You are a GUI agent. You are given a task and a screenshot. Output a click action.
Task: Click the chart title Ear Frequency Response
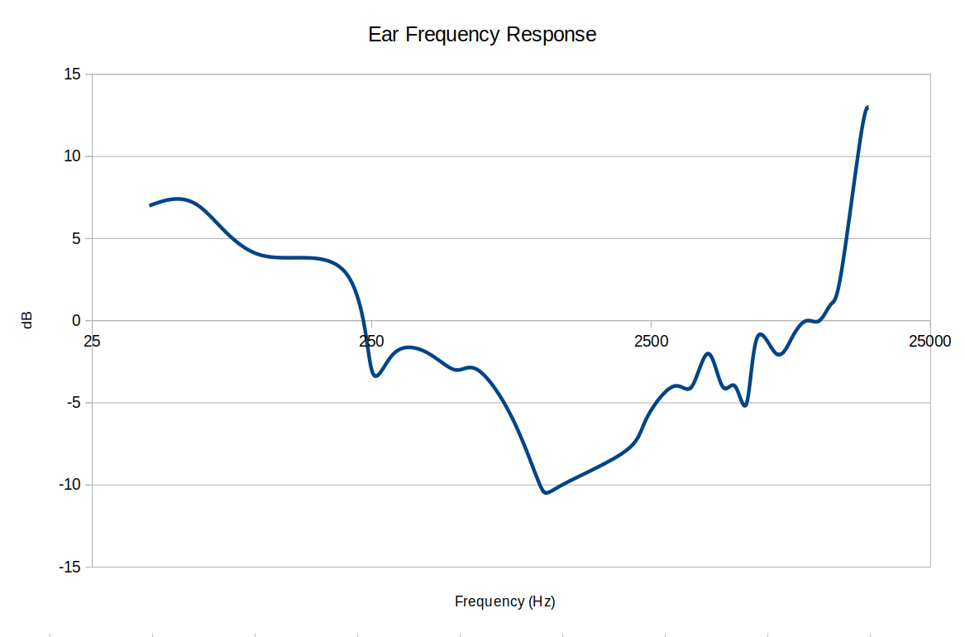(x=482, y=35)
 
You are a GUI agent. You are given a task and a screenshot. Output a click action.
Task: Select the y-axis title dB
(x=27, y=320)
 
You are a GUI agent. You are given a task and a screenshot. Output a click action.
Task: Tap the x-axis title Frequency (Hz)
(x=504, y=601)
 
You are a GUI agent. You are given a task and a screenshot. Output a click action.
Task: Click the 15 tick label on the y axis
(x=72, y=74)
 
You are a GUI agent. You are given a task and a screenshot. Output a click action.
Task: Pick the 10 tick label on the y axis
(x=72, y=156)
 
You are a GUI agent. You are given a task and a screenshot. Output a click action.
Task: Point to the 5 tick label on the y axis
(x=75, y=238)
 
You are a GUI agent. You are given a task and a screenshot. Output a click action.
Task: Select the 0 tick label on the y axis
(x=75, y=321)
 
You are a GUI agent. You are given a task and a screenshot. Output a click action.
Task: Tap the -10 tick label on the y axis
(x=69, y=485)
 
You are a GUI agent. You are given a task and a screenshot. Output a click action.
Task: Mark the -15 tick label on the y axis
(x=69, y=568)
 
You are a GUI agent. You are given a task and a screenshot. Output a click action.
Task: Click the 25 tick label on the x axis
(x=92, y=341)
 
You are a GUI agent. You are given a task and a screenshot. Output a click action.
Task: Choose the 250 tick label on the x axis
(x=371, y=341)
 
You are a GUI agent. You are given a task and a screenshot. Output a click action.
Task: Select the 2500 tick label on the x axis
(x=651, y=341)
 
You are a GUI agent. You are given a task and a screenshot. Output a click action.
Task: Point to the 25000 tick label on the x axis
(x=929, y=341)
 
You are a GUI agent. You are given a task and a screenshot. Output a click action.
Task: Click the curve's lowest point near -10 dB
(x=546, y=492)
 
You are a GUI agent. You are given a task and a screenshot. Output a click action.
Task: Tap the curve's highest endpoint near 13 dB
(x=867, y=108)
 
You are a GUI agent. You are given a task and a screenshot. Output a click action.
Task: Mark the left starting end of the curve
(x=150, y=205)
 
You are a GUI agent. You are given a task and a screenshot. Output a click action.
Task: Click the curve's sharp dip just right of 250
(x=376, y=376)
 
